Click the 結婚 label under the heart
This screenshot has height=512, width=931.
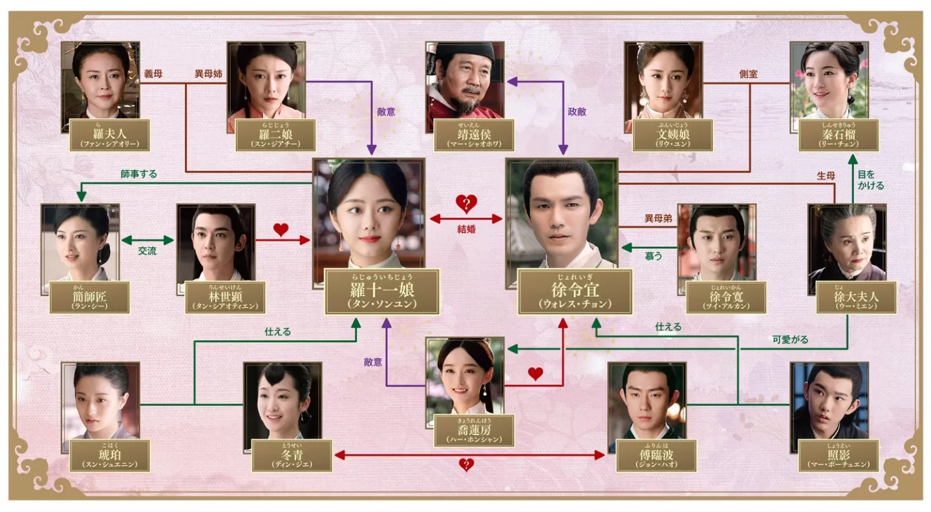coord(465,229)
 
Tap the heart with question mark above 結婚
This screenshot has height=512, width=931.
coord(465,204)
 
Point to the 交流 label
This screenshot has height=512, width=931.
coord(147,251)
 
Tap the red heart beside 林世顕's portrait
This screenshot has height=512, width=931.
coord(281,229)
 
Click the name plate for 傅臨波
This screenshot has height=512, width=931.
coord(648,456)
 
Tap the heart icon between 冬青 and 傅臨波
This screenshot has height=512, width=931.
coord(465,464)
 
